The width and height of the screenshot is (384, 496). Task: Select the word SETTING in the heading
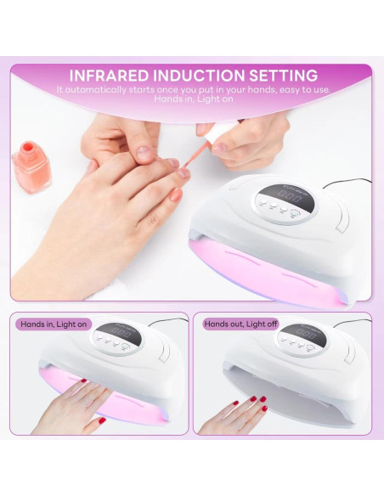(x=285, y=76)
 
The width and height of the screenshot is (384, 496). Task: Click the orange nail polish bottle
(x=32, y=165)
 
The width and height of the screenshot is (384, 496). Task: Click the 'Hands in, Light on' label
(x=52, y=324)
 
